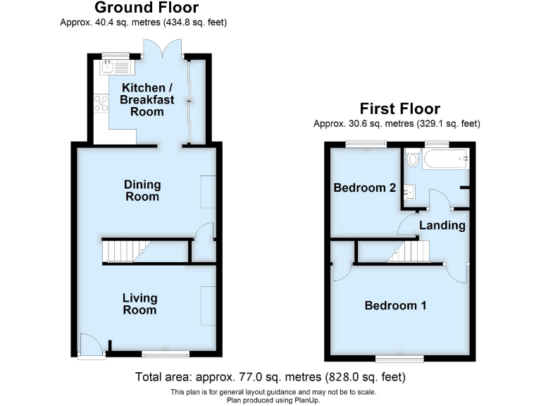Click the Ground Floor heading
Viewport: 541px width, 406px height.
(x=146, y=8)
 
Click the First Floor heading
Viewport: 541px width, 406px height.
(x=399, y=109)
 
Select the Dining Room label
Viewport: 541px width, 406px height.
(x=142, y=190)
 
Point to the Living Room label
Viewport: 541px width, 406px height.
(x=139, y=304)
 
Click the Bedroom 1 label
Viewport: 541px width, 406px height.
(x=395, y=305)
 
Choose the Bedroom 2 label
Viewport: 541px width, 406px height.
(x=364, y=188)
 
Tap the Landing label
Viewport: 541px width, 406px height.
(x=442, y=226)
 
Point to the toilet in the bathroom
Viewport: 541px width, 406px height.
(x=413, y=159)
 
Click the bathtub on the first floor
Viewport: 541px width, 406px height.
(x=447, y=159)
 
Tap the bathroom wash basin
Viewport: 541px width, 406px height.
(x=409, y=190)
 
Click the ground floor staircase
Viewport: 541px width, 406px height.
(x=126, y=251)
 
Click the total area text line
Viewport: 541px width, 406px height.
(x=270, y=378)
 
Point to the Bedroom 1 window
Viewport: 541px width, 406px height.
(x=399, y=359)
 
